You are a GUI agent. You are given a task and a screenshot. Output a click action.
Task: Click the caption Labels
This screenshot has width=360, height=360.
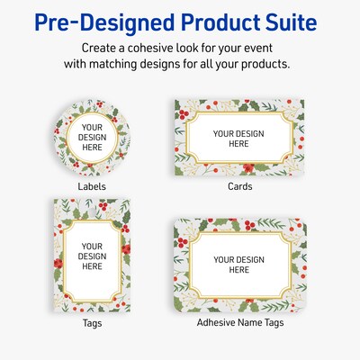(x=91, y=186)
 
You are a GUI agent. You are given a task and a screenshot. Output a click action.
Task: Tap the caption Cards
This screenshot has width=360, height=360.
(x=238, y=186)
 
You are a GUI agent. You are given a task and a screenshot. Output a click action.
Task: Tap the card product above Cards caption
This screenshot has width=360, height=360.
(x=238, y=138)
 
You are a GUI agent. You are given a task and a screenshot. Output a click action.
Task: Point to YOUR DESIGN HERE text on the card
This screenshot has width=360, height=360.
(x=238, y=138)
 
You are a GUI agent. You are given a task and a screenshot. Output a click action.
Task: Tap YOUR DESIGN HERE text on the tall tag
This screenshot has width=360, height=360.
(x=92, y=256)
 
